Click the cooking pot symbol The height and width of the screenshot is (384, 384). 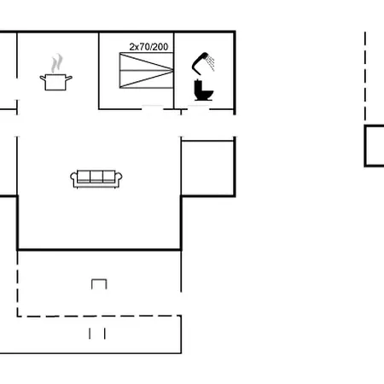coord(55,82)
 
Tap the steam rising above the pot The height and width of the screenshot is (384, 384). coord(56,62)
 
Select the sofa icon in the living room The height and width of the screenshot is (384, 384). coord(96,179)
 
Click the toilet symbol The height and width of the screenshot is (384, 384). coord(203,90)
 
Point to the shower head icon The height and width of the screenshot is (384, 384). coord(199,63)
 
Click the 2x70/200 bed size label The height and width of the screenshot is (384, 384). coord(148,47)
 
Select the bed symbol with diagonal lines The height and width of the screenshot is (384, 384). coord(146,70)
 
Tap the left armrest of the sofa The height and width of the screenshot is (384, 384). coord(73,178)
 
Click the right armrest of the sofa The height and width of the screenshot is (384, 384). coord(119,178)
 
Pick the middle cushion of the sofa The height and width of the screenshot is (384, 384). coord(96,177)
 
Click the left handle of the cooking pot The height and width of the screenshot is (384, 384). coord(43,78)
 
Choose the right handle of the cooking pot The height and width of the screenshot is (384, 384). coord(69,78)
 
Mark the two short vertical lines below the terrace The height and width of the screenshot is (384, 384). coord(97,334)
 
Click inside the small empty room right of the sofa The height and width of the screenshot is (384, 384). coord(207,168)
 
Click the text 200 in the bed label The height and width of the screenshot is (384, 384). coord(160,47)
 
